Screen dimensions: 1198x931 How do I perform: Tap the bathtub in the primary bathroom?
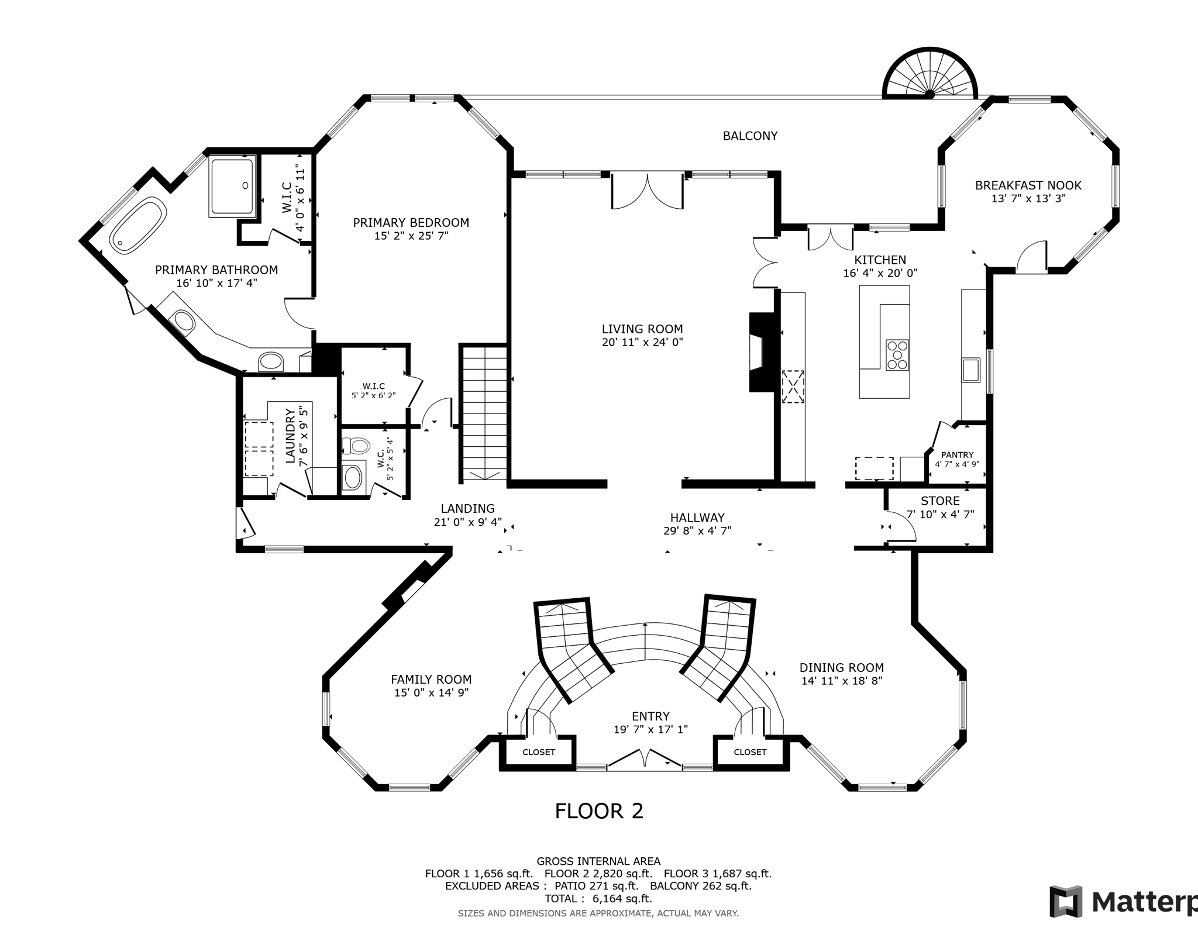[x=138, y=225]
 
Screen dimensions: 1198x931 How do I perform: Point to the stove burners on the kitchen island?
[x=897, y=354]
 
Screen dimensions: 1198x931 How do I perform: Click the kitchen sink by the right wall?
[x=971, y=370]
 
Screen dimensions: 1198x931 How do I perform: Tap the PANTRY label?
[x=957, y=454]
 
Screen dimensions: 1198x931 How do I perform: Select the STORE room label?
[x=940, y=501]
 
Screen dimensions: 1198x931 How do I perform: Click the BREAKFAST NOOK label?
[x=1028, y=185]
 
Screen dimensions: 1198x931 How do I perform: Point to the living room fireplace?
[x=764, y=352]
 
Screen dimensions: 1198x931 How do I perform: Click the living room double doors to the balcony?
[x=647, y=190]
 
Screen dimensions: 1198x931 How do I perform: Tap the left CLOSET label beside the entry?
[x=538, y=752]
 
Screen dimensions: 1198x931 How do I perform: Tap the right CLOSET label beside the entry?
[x=750, y=752]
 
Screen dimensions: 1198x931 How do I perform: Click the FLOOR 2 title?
[x=599, y=811]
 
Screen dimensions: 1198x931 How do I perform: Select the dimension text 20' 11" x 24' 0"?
[x=642, y=342]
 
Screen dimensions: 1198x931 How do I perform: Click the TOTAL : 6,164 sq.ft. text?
[x=598, y=899]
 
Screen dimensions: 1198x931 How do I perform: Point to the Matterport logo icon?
[x=1066, y=901]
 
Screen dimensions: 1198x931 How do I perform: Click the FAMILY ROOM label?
[x=431, y=680]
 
